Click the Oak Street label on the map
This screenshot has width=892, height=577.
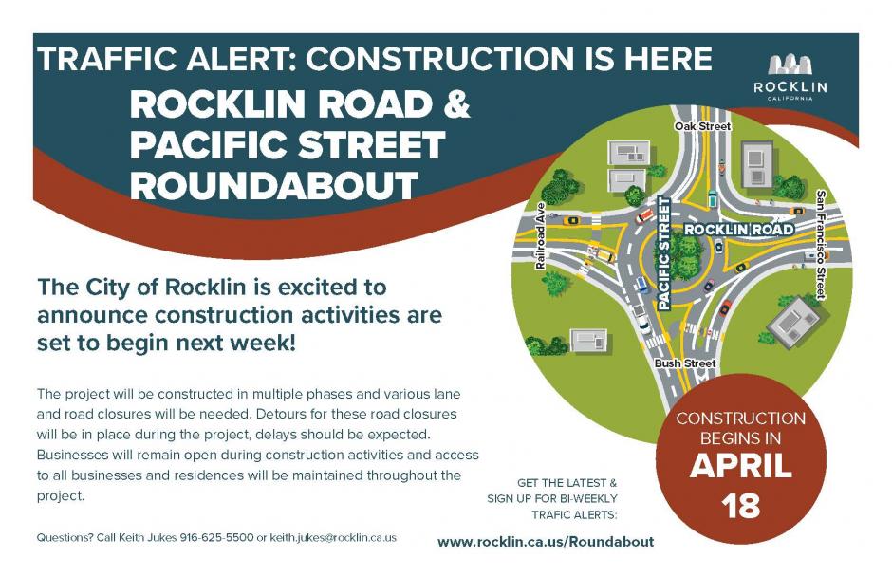click(x=702, y=126)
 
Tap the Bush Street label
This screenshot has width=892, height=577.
click(x=685, y=363)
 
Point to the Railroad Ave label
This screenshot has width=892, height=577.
click(x=540, y=235)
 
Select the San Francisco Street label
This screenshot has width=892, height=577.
click(x=821, y=245)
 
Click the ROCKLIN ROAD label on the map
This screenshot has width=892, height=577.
click(x=738, y=230)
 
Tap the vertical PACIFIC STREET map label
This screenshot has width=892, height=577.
click(x=663, y=253)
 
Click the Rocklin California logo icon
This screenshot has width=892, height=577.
click(x=790, y=65)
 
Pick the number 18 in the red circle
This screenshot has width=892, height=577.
click(x=740, y=505)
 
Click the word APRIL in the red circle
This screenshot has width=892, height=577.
click(x=740, y=466)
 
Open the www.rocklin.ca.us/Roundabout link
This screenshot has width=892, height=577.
click(x=546, y=542)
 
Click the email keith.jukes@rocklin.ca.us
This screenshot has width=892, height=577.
click(x=333, y=538)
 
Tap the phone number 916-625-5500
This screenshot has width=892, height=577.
click(x=216, y=538)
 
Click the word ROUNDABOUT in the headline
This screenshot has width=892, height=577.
click(x=274, y=185)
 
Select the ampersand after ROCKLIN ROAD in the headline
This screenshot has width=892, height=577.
click(x=455, y=104)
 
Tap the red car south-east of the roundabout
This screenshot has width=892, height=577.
click(x=724, y=309)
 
